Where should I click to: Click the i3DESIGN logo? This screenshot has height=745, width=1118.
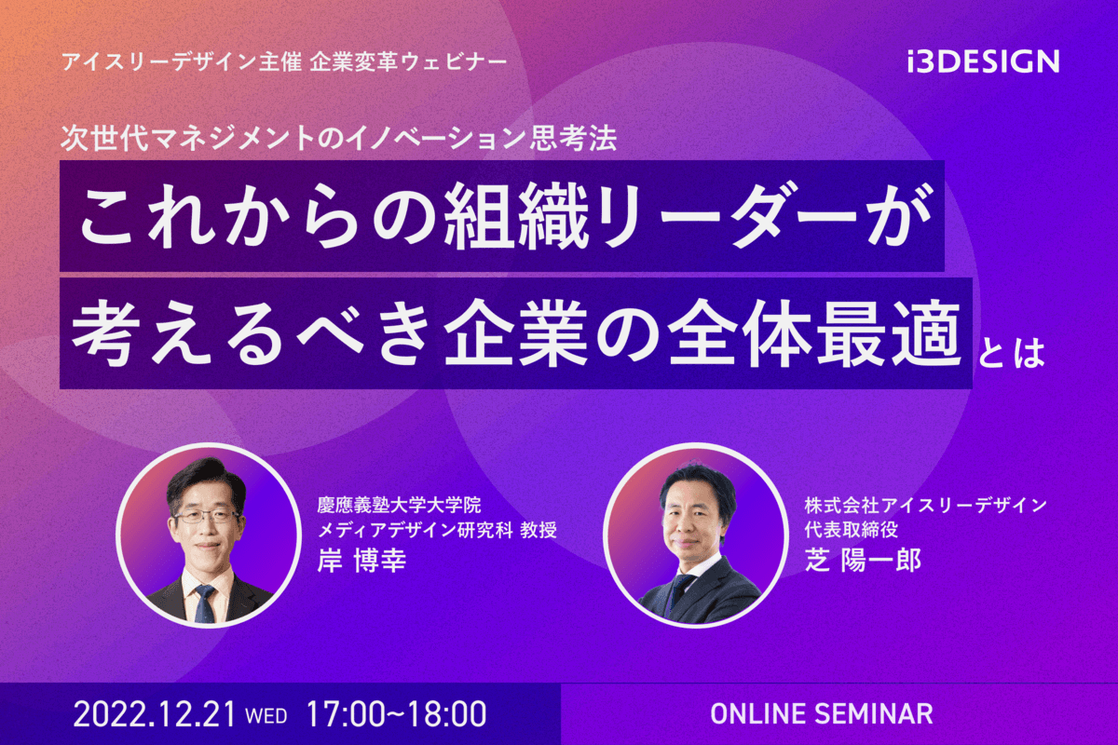[983, 61]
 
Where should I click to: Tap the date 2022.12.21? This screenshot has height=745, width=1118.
[155, 713]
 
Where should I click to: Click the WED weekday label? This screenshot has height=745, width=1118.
[266, 716]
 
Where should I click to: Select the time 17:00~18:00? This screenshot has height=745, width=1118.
[396, 713]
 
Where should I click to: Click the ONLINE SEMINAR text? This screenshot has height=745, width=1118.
[822, 714]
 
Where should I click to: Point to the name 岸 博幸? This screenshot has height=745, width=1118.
[361, 561]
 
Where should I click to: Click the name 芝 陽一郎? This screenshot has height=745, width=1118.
[863, 561]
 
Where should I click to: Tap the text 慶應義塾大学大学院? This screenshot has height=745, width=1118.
[400, 506]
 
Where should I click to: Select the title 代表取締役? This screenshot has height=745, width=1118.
[852, 530]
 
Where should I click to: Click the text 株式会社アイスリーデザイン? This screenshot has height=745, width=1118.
[926, 506]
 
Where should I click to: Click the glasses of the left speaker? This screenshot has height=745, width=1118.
[206, 516]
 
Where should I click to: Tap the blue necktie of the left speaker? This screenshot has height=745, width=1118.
[205, 603]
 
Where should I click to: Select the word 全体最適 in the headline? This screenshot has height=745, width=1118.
[815, 332]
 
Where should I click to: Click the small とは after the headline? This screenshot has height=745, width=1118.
[1011, 353]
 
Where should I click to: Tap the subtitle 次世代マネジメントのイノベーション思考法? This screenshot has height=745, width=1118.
[339, 137]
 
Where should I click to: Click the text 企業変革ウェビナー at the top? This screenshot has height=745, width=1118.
[408, 62]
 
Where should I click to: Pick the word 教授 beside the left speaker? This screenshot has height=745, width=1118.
[539, 530]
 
